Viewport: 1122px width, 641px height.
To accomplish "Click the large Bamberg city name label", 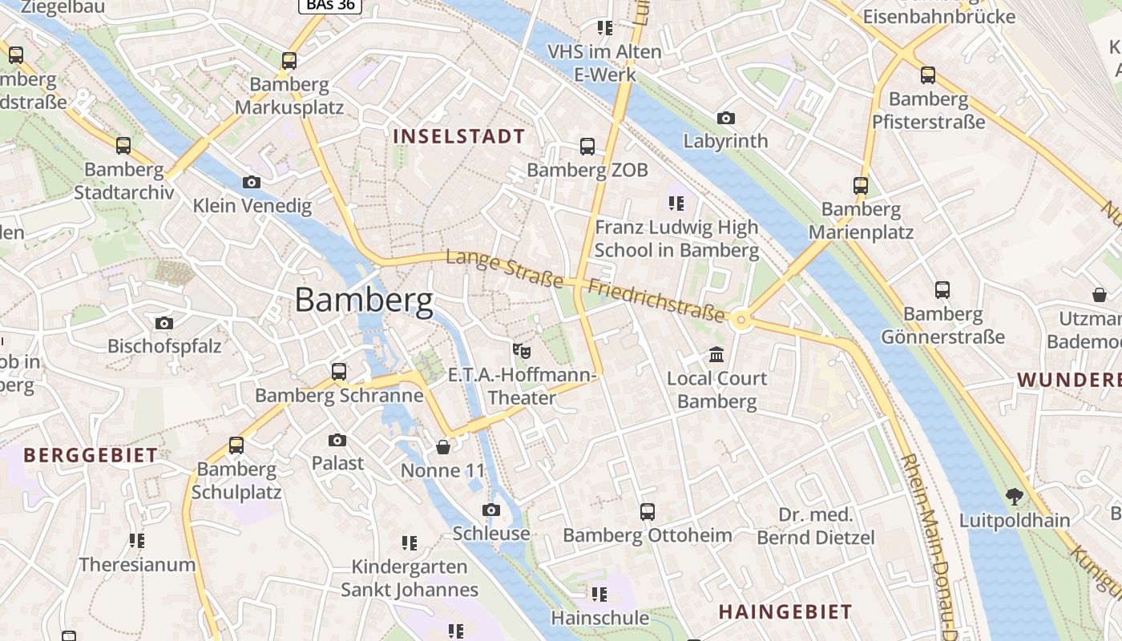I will [x=364, y=300].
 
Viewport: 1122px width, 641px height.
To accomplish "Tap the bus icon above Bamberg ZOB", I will [x=587, y=146].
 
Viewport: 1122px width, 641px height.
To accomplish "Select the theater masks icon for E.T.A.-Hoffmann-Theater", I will [x=522, y=350].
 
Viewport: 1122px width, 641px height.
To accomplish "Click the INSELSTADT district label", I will [x=458, y=136].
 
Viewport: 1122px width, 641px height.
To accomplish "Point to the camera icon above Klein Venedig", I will [x=252, y=182].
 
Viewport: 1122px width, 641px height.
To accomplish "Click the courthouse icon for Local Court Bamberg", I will [x=716, y=354].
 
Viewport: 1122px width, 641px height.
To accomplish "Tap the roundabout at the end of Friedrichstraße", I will [x=741, y=320].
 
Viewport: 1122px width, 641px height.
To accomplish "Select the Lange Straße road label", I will [x=505, y=268].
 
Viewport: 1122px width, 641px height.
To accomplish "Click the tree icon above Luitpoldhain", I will [x=1015, y=496].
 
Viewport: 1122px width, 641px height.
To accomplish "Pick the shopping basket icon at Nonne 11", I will [x=443, y=446].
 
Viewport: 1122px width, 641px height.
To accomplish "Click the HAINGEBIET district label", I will [x=785, y=612].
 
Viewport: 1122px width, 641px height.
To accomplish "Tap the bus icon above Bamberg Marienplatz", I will [x=861, y=186].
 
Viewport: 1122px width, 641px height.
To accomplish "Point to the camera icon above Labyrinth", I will [x=726, y=118].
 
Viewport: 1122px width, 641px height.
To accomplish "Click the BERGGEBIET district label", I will [x=91, y=456].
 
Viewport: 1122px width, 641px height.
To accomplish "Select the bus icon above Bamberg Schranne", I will [x=339, y=372].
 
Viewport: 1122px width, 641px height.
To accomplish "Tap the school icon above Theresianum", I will [x=137, y=541].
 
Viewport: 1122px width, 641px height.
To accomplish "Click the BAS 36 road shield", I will [x=330, y=5].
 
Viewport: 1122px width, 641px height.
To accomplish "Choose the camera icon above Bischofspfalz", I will [x=164, y=323].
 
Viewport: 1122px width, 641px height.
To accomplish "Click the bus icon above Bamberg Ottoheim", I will [x=647, y=511].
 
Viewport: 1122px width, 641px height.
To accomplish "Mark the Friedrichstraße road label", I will [x=657, y=300].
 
